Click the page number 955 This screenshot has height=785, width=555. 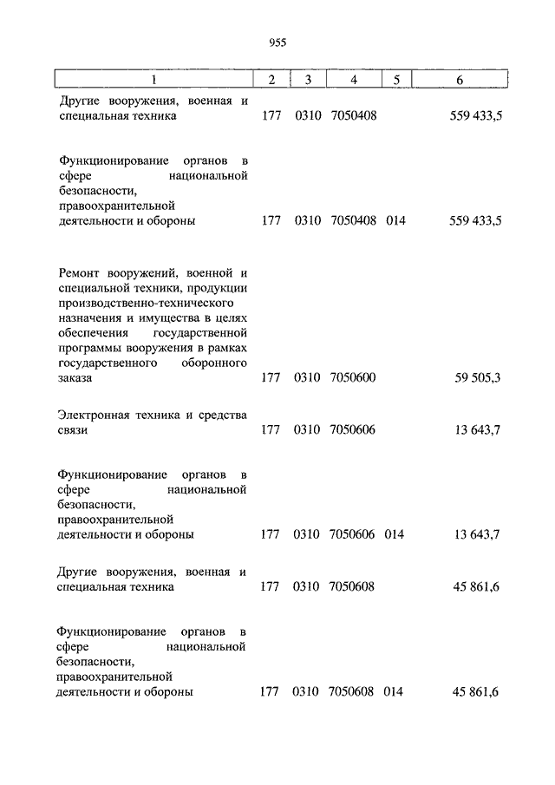pyautogui.click(x=277, y=42)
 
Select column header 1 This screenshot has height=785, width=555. pyautogui.click(x=153, y=81)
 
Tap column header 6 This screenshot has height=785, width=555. pyautogui.click(x=459, y=81)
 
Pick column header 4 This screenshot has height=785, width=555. pyautogui.click(x=353, y=81)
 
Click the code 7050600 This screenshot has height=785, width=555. pyautogui.click(x=353, y=378)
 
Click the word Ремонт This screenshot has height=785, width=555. pyautogui.click(x=82, y=274)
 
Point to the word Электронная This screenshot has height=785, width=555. pyautogui.click(x=94, y=415)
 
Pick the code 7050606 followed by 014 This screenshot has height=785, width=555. pyautogui.click(x=352, y=534)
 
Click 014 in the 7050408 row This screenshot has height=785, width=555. pyautogui.click(x=395, y=220)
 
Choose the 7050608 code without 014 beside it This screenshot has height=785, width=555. pyautogui.click(x=352, y=586)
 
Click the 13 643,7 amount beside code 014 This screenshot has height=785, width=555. pyautogui.click(x=476, y=534)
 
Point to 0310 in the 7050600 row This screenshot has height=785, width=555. pyautogui.click(x=307, y=378)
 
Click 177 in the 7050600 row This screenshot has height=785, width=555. pyautogui.click(x=270, y=378)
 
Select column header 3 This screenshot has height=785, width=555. pyautogui.click(x=307, y=81)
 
